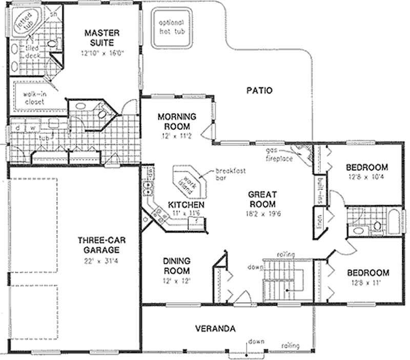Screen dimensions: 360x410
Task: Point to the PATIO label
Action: coord(259,91)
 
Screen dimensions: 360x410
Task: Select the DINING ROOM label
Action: coord(177,265)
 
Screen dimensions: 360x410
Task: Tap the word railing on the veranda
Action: coord(290,346)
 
